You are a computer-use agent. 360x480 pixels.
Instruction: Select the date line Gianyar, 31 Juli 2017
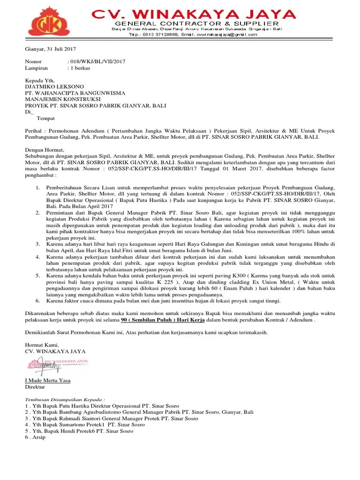pos(50,49)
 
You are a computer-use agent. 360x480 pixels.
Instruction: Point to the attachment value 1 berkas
pos(80,68)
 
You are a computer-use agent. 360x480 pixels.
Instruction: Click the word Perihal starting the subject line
pos(33,130)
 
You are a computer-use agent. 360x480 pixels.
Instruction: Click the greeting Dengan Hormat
pos(44,150)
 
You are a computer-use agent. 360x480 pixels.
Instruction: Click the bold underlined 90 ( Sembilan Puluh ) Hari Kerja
pos(159,320)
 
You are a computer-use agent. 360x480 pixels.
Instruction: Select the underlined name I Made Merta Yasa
pos(48,380)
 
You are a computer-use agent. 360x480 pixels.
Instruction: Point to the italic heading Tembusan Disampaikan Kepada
pos(65,399)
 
